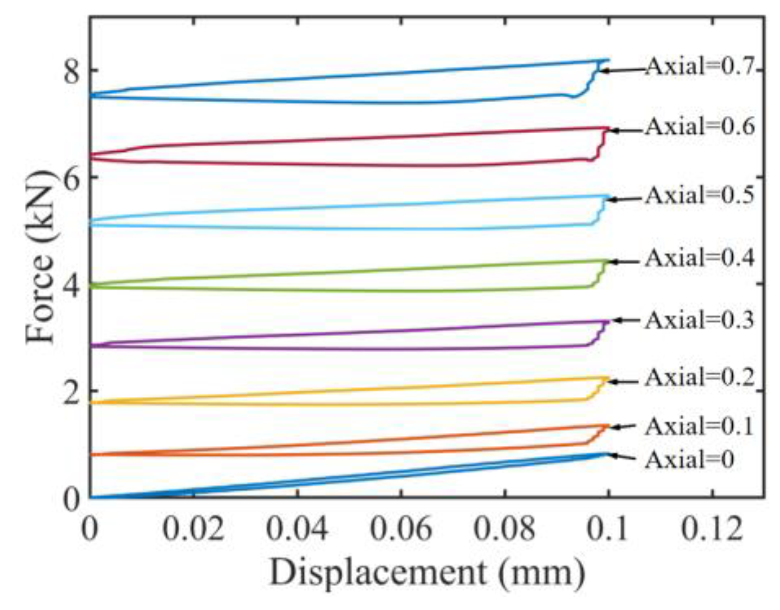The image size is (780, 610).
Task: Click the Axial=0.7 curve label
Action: tap(700, 67)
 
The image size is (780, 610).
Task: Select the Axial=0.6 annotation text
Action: tap(700, 127)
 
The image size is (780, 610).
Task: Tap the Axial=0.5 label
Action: tap(700, 196)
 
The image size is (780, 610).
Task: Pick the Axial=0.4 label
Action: tap(700, 258)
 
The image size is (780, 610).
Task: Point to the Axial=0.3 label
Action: tap(700, 320)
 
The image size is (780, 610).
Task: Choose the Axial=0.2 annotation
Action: tap(700, 377)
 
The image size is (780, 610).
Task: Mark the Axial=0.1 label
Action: tap(700, 426)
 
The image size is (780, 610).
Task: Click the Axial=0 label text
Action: tap(689, 460)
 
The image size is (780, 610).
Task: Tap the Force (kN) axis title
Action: tap(41, 256)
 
